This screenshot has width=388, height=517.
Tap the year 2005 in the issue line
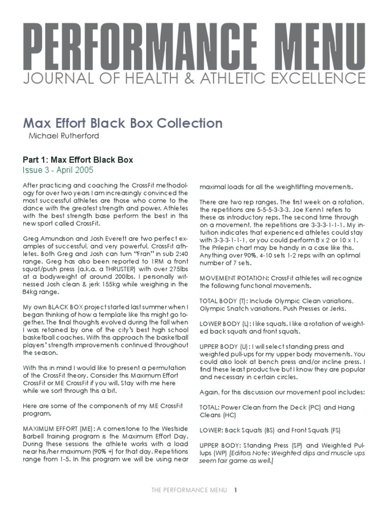click(x=83, y=170)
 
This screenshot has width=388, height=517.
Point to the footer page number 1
click(x=235, y=490)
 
